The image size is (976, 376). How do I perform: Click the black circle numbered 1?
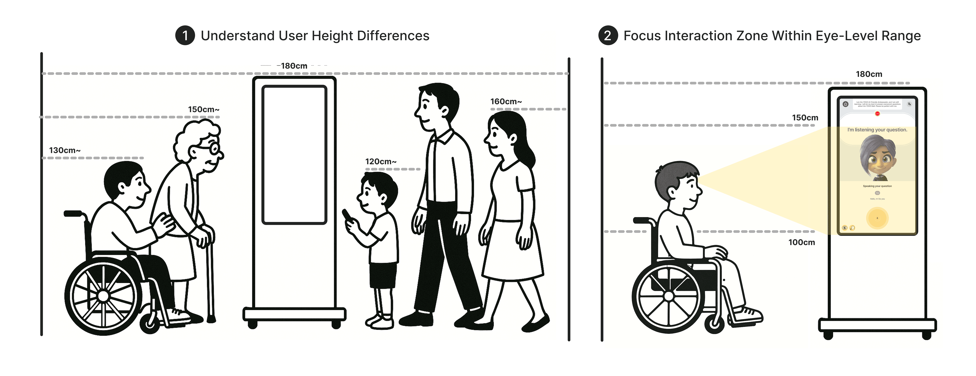pyautogui.click(x=185, y=36)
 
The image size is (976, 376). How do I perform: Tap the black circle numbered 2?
pyautogui.click(x=608, y=36)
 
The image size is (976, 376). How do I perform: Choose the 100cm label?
pyautogui.click(x=801, y=242)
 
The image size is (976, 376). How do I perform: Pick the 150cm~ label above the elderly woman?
pyautogui.click(x=203, y=110)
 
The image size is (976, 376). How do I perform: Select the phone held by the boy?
pyautogui.click(x=347, y=216)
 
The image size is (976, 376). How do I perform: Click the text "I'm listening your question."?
pyautogui.click(x=877, y=130)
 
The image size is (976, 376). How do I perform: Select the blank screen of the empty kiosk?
pyautogui.click(x=294, y=155)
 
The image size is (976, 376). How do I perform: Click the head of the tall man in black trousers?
pyautogui.click(x=436, y=106)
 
